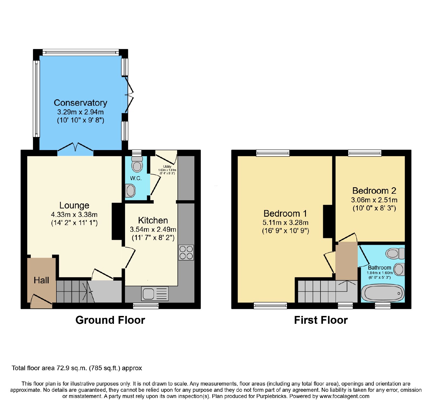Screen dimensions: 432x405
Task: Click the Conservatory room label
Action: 80,103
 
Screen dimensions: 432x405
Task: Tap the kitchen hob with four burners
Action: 186,253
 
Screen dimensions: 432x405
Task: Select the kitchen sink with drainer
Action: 155,294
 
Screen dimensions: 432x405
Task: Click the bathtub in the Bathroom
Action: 383,293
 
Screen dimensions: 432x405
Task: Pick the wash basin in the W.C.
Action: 130,191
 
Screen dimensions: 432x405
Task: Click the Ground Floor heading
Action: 110,320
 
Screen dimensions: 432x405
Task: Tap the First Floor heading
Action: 321,320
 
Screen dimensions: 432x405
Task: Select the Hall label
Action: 41,280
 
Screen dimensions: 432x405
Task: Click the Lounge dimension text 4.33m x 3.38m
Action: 74,215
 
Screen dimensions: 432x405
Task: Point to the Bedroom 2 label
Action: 374,191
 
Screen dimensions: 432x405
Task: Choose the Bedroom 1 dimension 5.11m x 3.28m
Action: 285,223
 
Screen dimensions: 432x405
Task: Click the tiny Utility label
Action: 167,167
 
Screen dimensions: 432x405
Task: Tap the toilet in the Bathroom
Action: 395,253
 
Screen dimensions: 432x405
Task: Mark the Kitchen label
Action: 153,220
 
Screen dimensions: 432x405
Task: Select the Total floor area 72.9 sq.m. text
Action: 77,368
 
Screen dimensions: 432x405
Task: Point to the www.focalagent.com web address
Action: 345,396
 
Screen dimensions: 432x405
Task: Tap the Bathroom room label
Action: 379,268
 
